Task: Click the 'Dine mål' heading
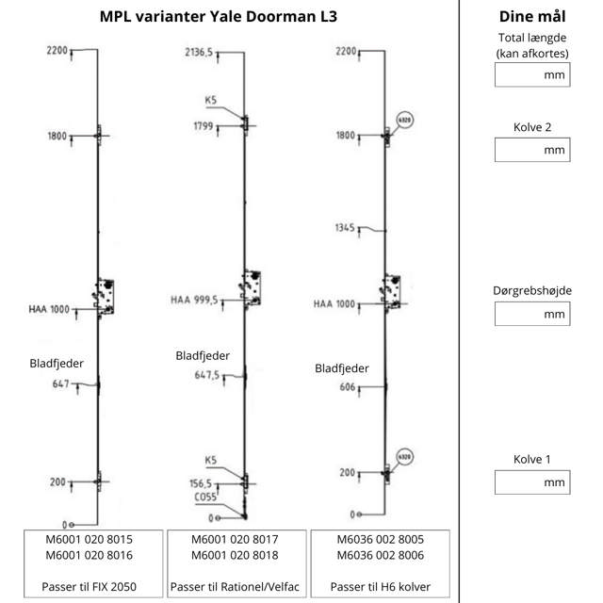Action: [531, 17]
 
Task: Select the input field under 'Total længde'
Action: [531, 74]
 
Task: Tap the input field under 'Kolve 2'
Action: [531, 149]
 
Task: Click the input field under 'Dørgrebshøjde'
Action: [531, 314]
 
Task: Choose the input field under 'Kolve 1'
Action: [531, 481]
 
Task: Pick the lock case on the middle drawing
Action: [251, 288]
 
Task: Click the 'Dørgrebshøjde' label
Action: [531, 291]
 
